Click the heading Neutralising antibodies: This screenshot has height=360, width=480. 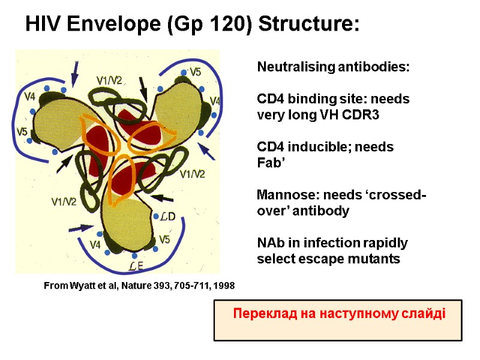pyautogui.click(x=333, y=67)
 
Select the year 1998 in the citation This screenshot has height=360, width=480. pyautogui.click(x=223, y=287)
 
